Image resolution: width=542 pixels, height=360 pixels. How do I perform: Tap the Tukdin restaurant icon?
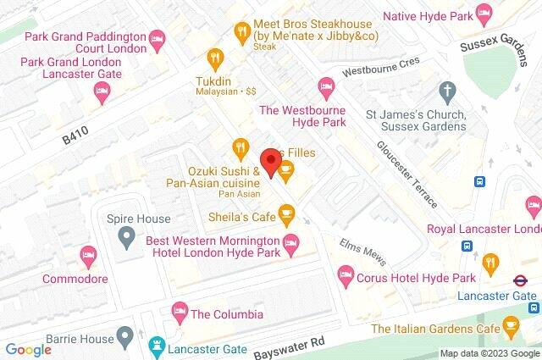(214, 58)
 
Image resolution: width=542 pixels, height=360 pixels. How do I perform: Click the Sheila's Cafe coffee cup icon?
(287, 215)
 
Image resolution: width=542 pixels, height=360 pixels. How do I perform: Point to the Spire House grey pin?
(126, 235)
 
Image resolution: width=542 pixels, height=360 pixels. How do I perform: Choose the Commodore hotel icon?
(87, 253)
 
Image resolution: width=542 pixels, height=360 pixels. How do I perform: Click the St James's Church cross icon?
(447, 90)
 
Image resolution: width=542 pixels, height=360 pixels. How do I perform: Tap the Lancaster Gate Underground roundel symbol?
(522, 280)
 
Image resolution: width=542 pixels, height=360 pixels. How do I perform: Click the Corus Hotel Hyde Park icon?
(345, 273)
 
